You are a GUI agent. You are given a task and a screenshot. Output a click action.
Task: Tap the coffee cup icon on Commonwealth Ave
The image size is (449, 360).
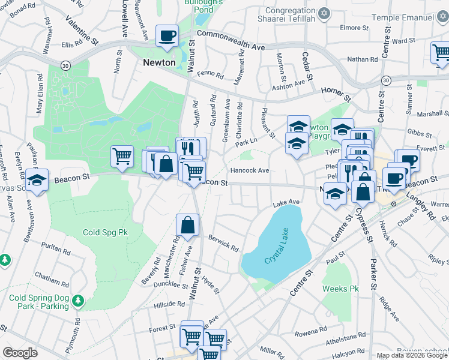point(167,35)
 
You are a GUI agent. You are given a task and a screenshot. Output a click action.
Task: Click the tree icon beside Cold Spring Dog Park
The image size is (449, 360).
point(77,299)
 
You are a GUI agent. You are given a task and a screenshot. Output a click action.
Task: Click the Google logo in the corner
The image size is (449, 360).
point(20,353)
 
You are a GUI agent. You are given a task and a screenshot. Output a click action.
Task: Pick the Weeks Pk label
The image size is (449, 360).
point(340,289)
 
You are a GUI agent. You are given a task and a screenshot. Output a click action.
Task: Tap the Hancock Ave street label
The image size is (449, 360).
point(250,170)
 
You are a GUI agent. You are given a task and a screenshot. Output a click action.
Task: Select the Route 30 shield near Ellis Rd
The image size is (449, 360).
point(65,64)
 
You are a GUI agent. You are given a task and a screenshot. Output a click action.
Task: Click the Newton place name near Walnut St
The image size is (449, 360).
point(159,62)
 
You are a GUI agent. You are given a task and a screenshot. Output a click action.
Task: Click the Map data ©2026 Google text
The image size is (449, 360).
point(411,355)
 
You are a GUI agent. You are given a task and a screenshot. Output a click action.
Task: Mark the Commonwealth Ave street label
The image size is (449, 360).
point(231,41)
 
